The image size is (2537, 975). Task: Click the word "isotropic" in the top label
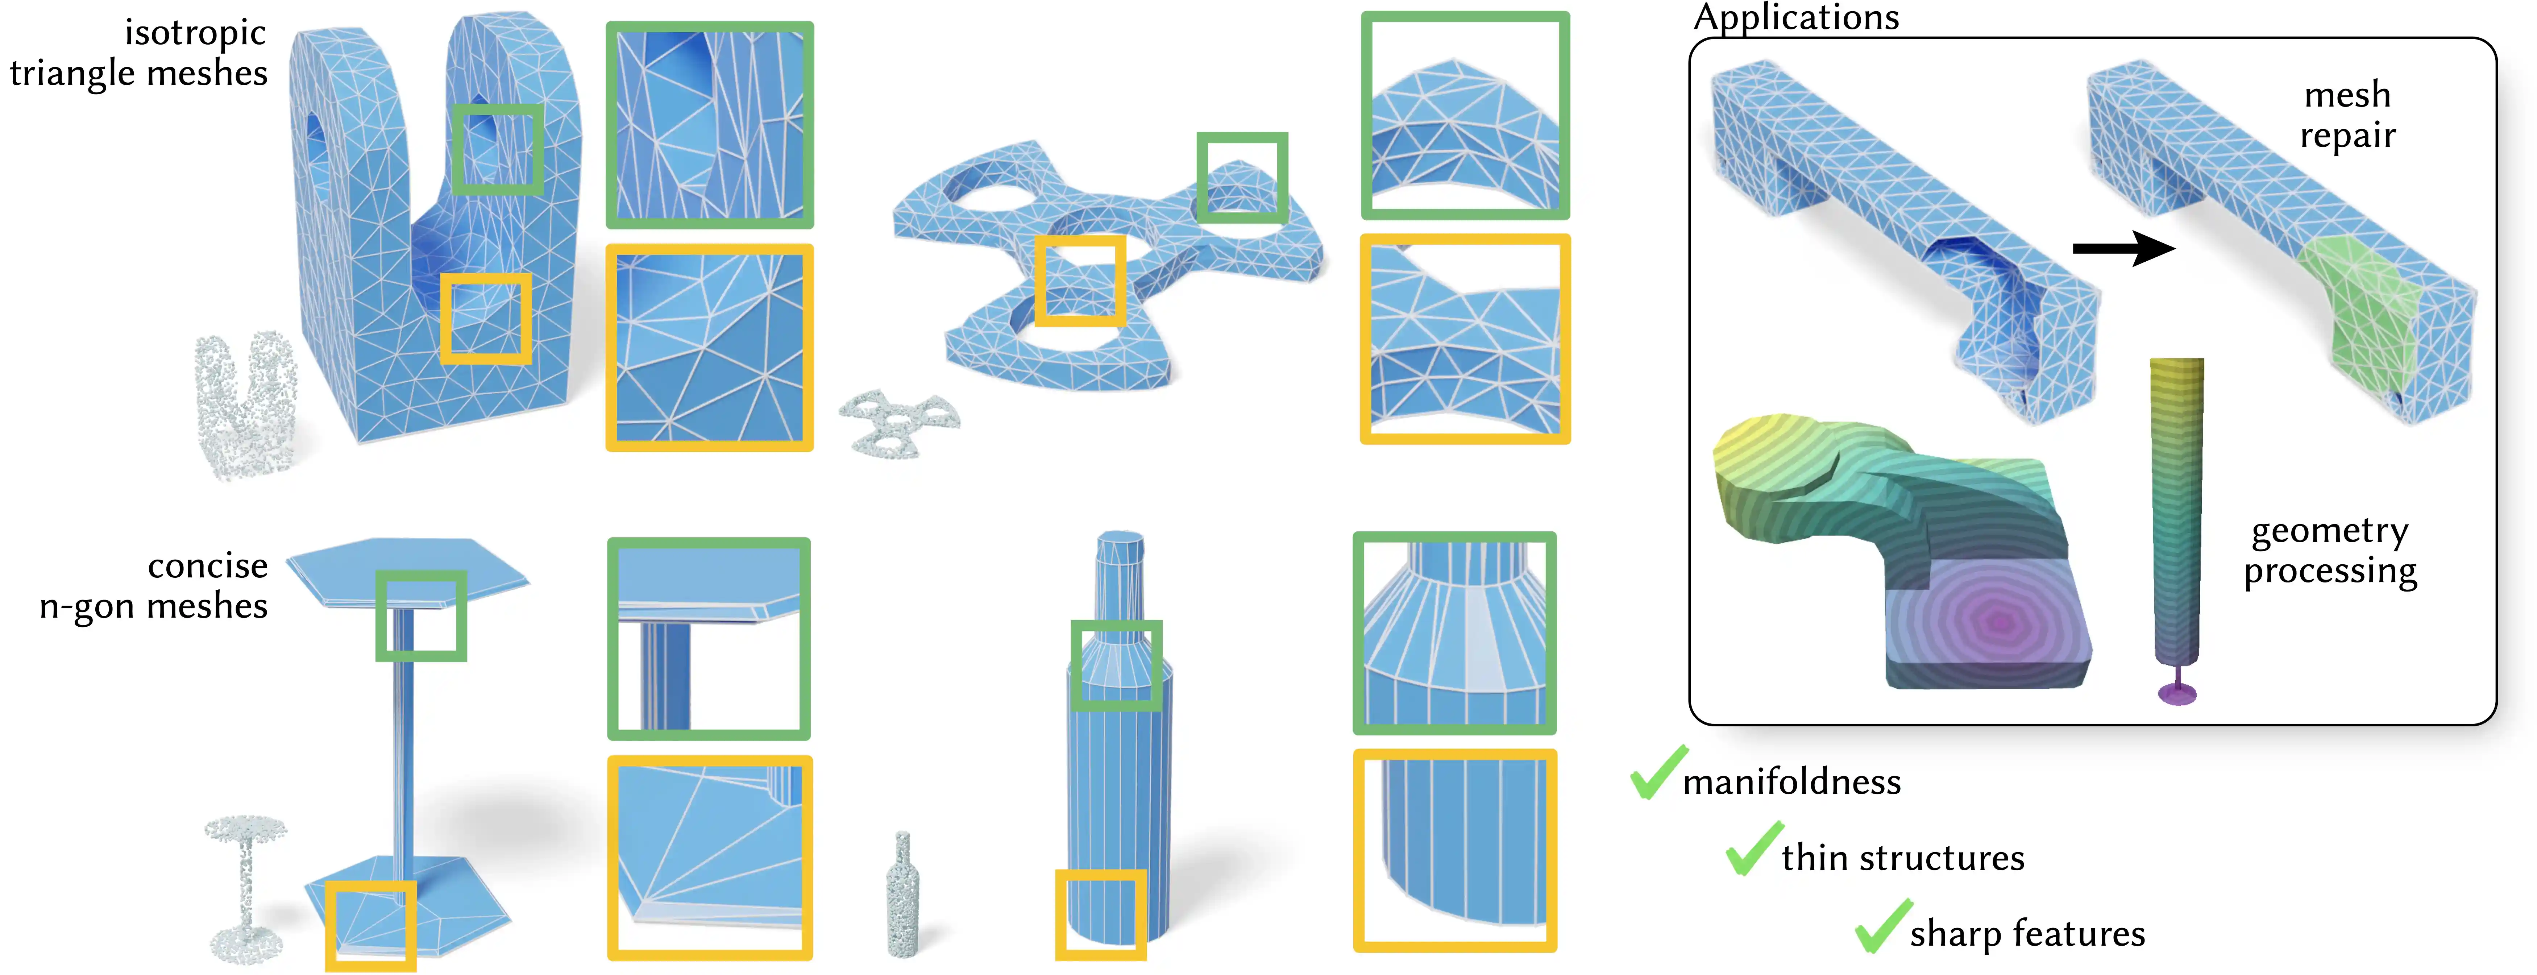click(195, 33)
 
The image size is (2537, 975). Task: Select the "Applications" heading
click(1795, 18)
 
